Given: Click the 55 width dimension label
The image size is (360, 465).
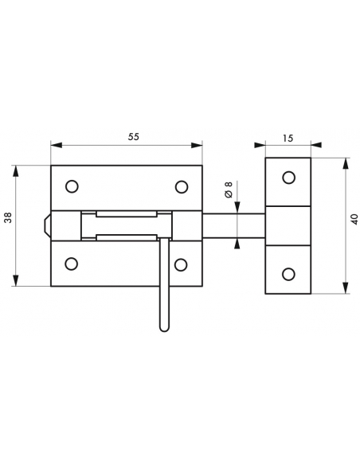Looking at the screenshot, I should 133,137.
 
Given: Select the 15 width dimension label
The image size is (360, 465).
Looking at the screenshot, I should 288,138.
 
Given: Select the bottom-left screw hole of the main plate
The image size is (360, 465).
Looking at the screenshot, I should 72,264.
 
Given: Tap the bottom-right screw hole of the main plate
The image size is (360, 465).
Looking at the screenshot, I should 182,264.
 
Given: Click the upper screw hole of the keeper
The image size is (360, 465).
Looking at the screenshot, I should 288,178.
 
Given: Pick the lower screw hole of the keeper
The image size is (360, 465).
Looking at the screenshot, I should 288,275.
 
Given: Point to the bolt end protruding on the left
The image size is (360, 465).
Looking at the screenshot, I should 47,226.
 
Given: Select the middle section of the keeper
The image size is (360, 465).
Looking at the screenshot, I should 288,226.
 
